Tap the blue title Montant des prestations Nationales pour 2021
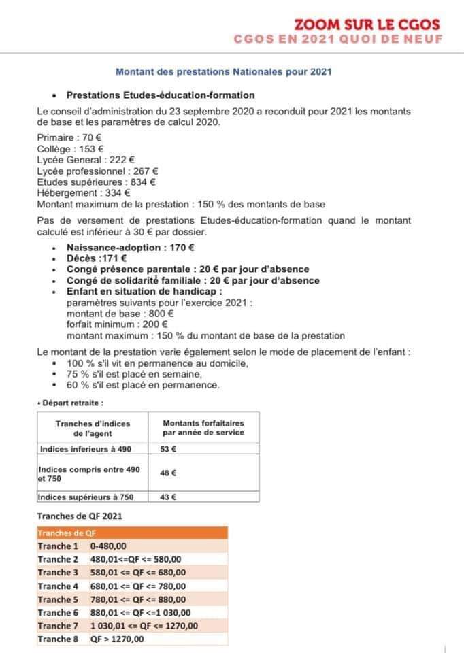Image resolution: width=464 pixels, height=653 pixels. click(224, 71)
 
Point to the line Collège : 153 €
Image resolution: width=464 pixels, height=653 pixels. click(70, 148)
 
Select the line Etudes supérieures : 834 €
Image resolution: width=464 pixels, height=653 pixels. click(96, 182)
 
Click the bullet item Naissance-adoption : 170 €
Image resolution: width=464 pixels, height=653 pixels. click(131, 248)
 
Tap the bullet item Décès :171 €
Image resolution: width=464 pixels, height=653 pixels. click(93, 258)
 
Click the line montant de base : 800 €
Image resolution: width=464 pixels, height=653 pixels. click(120, 314)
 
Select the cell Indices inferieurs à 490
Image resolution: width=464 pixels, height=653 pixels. click(85, 449)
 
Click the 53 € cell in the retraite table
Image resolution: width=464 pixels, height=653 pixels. click(168, 449)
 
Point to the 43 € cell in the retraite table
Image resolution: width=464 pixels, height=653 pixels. click(168, 497)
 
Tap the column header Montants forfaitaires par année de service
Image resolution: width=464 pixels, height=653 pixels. click(203, 428)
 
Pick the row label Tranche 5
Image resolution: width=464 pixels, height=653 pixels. click(59, 599)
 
